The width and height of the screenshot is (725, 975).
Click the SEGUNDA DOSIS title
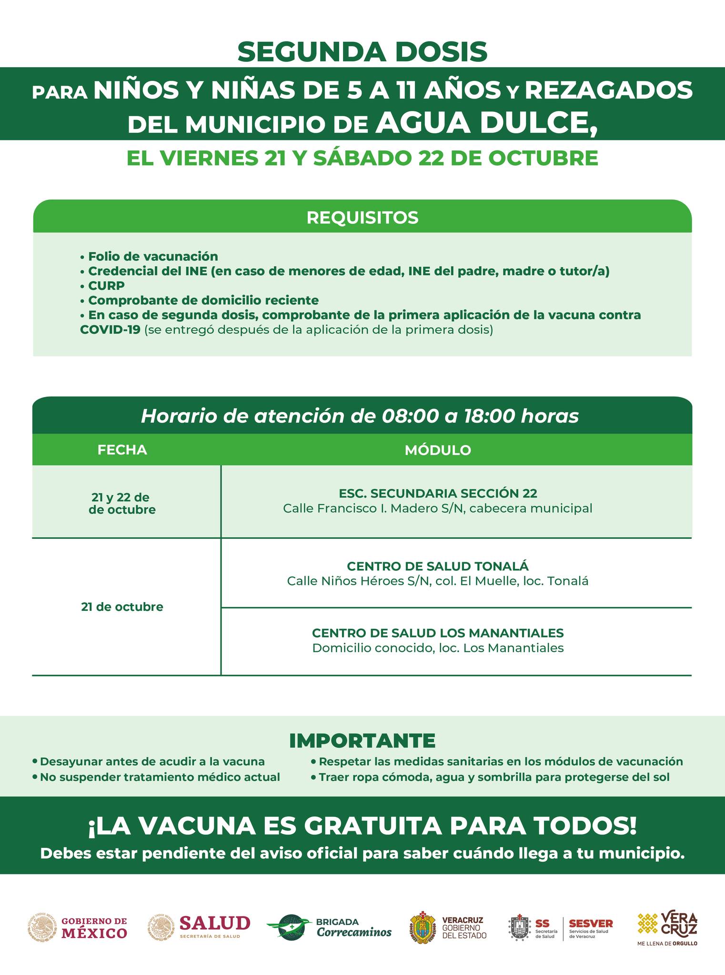362,52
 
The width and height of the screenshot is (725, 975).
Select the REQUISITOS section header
362,218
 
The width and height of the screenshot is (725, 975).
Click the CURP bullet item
106,286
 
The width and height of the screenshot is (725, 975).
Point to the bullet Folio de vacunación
152,257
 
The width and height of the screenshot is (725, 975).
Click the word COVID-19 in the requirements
110,329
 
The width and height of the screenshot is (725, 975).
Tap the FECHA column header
122,450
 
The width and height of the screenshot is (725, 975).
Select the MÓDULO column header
438,450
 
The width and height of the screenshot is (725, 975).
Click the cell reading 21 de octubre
122,607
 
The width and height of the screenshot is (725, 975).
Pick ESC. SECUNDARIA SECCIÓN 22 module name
438,493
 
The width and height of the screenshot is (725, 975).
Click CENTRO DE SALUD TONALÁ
438,566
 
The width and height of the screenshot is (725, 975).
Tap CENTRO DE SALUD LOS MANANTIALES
438,633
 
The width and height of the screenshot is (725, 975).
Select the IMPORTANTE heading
362,740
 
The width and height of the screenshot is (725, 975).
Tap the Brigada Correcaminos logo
329,926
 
